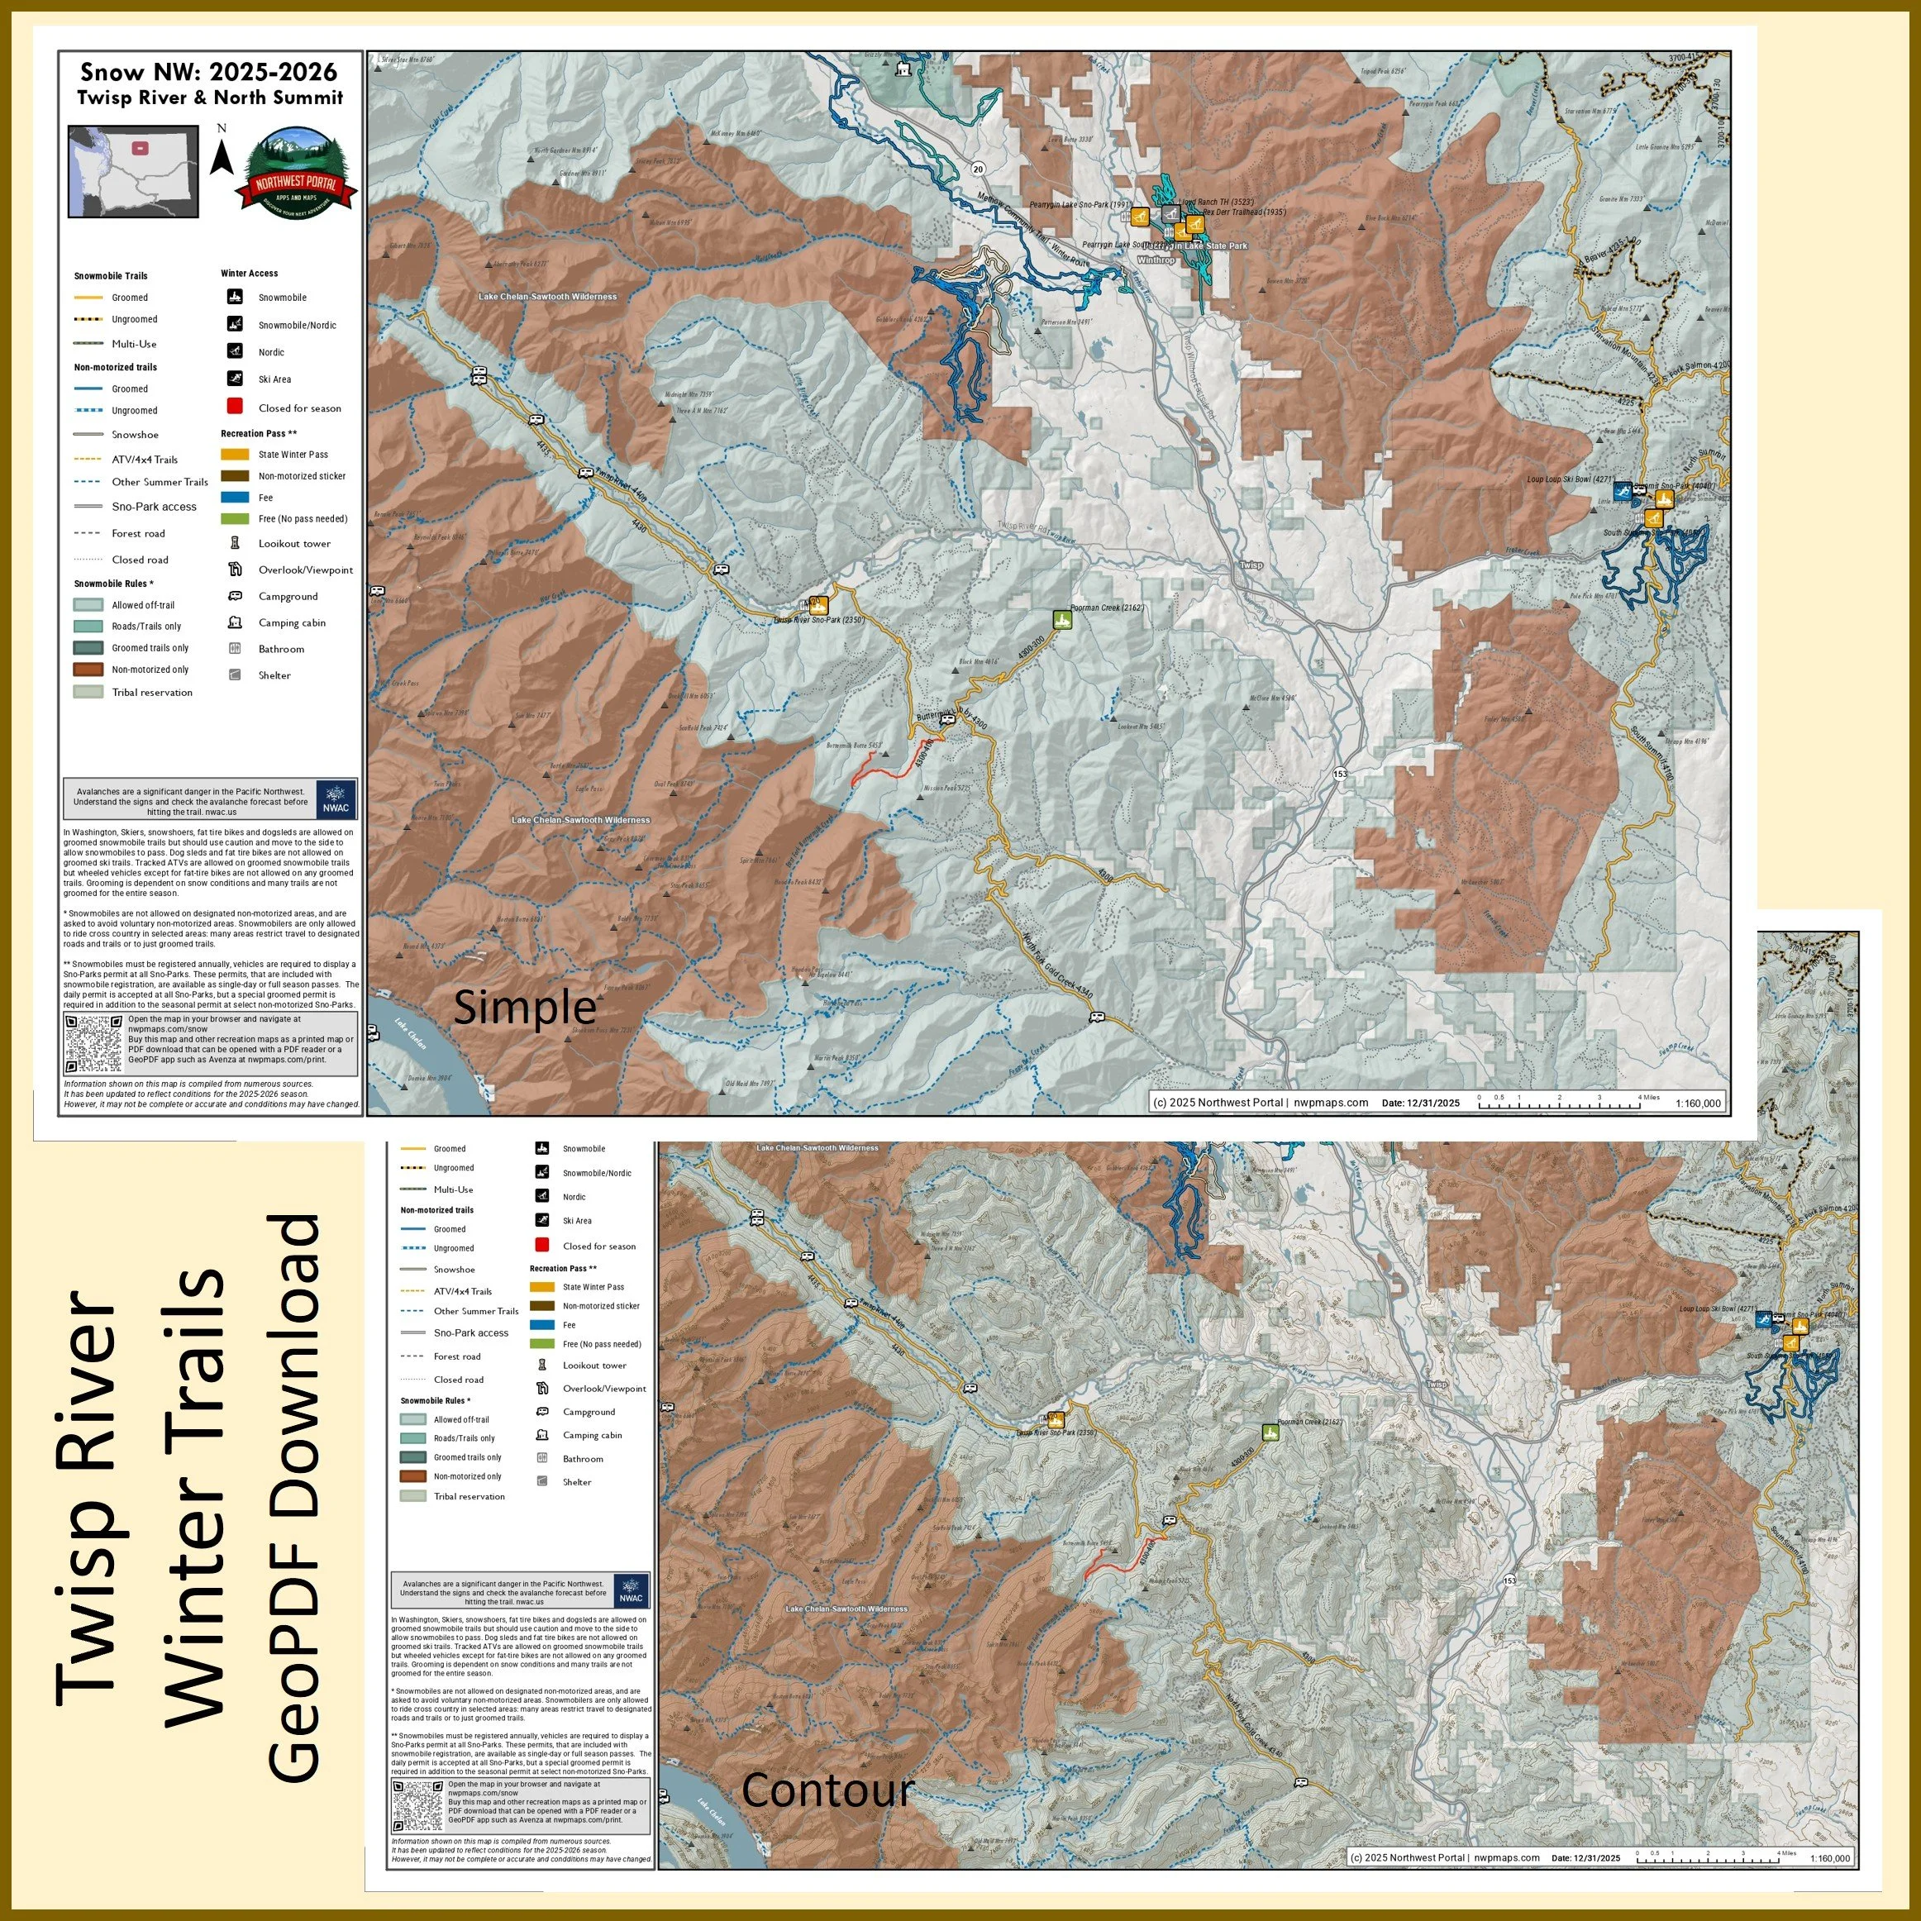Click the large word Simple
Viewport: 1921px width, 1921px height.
pyautogui.click(x=524, y=1008)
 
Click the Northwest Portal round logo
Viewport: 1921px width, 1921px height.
pyautogui.click(x=295, y=171)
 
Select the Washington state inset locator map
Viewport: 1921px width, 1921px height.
pyautogui.click(x=133, y=171)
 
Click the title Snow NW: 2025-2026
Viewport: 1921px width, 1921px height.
pyautogui.click(x=209, y=72)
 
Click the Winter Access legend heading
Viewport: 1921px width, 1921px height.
pyautogui.click(x=249, y=274)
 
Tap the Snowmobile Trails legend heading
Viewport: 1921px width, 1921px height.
pyautogui.click(x=111, y=276)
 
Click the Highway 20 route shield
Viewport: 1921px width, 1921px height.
pyautogui.click(x=979, y=169)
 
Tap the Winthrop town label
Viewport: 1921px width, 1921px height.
pyautogui.click(x=1156, y=260)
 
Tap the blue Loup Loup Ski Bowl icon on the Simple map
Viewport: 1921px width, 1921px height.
pyautogui.click(x=1622, y=490)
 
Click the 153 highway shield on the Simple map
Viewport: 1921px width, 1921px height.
pyautogui.click(x=1341, y=774)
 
